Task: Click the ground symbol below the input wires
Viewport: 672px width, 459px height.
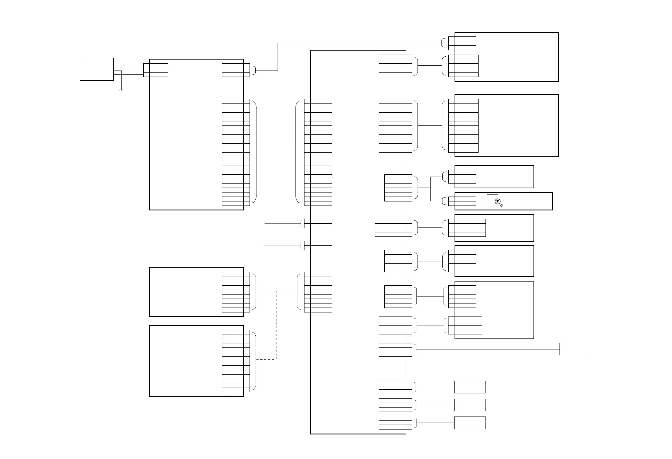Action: point(121,90)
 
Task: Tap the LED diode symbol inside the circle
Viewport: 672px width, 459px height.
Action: point(497,201)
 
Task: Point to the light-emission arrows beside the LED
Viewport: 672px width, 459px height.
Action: point(501,205)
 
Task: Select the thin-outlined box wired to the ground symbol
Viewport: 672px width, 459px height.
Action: point(97,69)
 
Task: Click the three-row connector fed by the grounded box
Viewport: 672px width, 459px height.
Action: point(156,70)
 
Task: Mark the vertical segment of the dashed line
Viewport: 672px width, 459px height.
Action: point(276,325)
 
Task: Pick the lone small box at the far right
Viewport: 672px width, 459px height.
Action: point(575,349)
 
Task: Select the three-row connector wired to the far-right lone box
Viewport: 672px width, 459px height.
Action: point(395,350)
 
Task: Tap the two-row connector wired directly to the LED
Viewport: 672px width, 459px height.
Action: point(462,201)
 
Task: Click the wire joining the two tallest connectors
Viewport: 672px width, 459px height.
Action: point(276,148)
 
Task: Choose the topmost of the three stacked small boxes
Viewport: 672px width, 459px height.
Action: point(470,387)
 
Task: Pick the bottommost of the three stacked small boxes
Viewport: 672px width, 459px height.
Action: point(470,423)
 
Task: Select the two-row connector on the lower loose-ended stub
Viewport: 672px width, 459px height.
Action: point(318,246)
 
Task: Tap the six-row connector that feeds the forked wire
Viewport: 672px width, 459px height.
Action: point(398,188)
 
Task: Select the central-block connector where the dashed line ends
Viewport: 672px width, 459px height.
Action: point(318,292)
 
